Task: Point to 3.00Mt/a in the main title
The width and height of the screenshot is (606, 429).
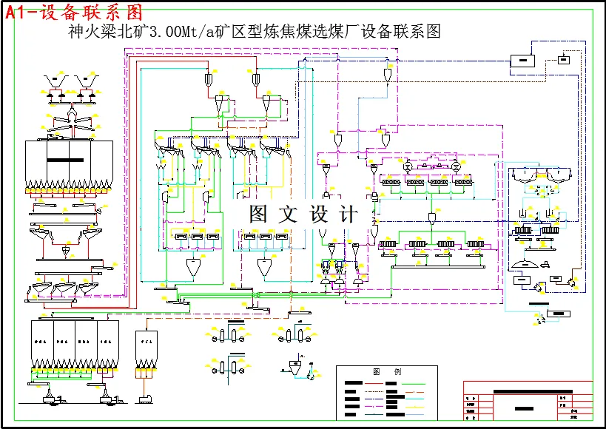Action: coord(181,32)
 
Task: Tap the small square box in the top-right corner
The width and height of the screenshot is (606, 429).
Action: coord(564,60)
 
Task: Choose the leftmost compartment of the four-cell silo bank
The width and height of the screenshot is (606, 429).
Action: coord(42,343)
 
